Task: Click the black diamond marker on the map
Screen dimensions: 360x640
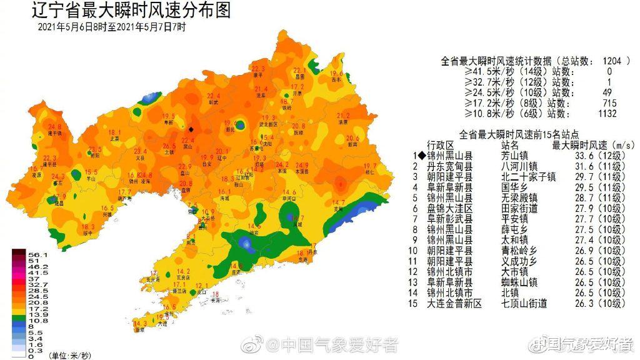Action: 191,130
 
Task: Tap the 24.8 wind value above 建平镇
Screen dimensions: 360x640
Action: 55,127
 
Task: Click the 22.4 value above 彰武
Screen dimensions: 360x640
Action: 213,96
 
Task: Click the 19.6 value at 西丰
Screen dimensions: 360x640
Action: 336,74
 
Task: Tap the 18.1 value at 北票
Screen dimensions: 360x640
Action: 114,132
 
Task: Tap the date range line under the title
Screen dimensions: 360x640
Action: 112,27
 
